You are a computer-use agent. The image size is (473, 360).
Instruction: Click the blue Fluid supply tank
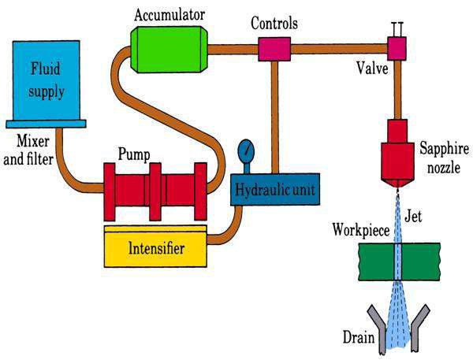(47, 84)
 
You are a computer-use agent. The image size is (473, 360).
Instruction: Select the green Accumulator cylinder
(169, 50)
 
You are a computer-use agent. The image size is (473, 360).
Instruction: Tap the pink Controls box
(274, 49)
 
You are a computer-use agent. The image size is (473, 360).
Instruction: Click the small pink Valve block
(397, 48)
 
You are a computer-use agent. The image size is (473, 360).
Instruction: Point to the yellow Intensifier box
(155, 247)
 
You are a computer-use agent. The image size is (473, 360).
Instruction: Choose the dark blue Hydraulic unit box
(275, 189)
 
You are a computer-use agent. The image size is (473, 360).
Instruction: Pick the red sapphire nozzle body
(397, 154)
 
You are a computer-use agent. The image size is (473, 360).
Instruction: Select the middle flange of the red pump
(155, 191)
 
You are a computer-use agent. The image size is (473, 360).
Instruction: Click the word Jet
(413, 216)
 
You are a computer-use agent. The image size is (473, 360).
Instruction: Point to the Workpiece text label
(361, 230)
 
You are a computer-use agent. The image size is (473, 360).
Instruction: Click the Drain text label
(359, 337)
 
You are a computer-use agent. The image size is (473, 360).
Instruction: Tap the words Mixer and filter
(28, 150)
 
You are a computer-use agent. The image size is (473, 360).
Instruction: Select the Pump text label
(134, 154)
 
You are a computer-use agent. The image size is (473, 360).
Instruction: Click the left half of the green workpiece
(377, 262)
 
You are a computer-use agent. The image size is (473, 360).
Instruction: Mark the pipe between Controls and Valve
(339, 49)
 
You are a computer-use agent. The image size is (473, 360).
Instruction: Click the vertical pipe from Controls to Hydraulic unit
(274, 117)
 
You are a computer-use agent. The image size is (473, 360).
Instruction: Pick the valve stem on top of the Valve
(397, 30)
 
